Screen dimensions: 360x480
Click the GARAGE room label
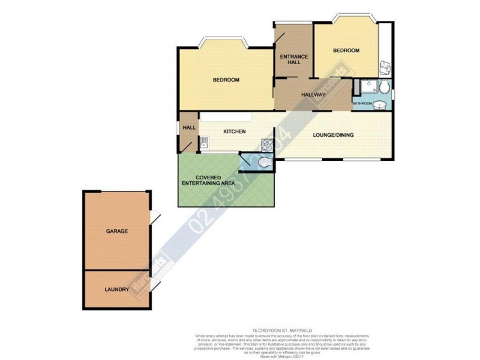point(117,230)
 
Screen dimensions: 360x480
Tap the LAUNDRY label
point(117,289)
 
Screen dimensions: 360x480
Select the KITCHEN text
point(235,131)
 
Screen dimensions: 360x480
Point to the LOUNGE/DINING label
point(333,135)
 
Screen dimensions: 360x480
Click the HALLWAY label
point(313,95)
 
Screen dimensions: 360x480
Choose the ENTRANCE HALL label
point(293,59)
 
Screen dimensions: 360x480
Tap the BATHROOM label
point(362,104)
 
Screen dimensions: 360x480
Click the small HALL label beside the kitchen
point(190,127)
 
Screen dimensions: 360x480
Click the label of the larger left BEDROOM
point(226,80)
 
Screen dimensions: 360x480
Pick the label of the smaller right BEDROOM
point(346,50)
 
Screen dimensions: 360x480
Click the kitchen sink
point(204,143)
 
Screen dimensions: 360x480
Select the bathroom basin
point(382,106)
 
